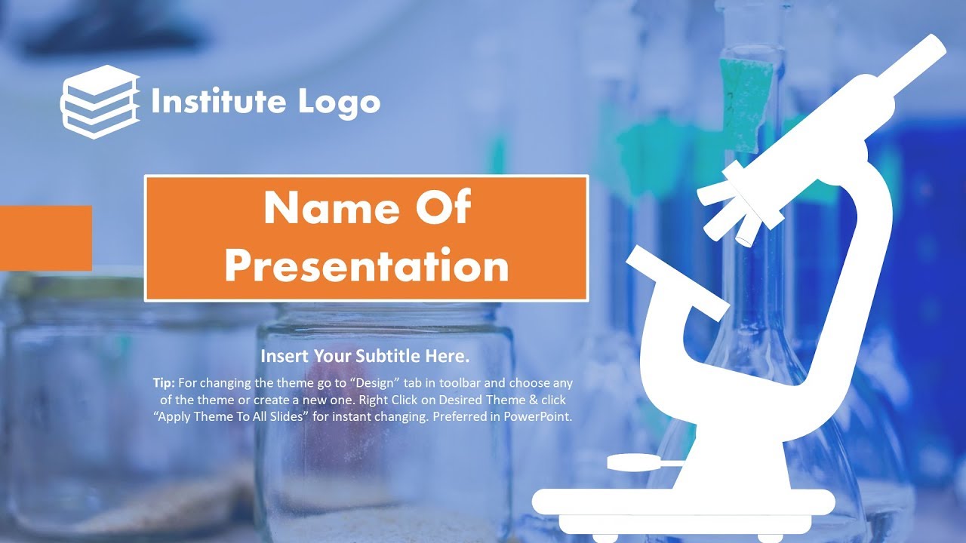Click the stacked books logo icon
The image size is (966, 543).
pos(100,102)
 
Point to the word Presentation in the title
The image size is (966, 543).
pos(366,265)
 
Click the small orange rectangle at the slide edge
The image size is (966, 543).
pos(45,238)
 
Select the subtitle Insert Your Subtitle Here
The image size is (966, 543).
pos(365,356)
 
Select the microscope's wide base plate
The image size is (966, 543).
pos(683,502)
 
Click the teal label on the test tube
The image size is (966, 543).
pos(746,102)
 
